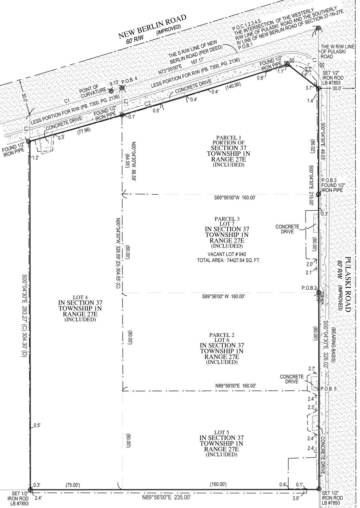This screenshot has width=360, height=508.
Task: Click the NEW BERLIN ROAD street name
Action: point(153,26)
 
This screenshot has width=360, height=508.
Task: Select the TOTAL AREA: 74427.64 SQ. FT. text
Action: point(229,260)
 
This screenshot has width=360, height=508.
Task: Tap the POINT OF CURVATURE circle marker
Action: point(111,91)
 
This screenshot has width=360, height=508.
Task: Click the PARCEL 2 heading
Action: point(222,335)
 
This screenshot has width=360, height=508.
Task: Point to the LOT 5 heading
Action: point(222,432)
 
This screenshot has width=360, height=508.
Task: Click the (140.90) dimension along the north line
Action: point(233,86)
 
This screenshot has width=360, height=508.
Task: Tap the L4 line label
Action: point(305,73)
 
